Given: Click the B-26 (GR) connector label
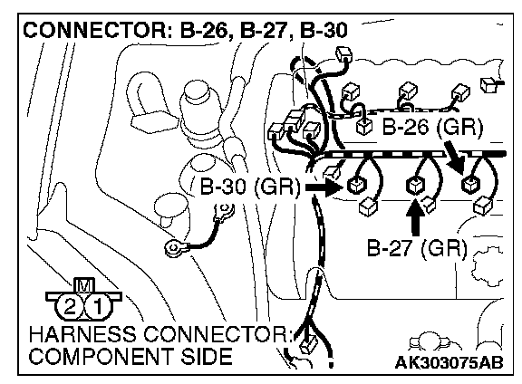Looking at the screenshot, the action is pos(432,128).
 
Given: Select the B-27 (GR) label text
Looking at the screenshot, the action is pos(417,248).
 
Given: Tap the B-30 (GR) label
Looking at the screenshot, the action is pos(250,187).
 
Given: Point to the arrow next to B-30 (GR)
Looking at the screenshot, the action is pos(324,187).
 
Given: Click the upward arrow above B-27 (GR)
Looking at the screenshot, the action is pos(415,217).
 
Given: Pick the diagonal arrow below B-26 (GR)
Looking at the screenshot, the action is pos(454,157).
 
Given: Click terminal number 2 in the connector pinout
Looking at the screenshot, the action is pos(70,306).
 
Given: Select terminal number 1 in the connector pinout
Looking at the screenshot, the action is pos(98,306).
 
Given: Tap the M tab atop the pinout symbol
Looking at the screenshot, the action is pos(84,285).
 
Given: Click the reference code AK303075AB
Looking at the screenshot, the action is pos(449,362).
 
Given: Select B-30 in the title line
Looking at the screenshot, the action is pos(324,30).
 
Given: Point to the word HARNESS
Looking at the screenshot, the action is pos(82,334).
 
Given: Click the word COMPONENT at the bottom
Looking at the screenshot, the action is pos(101,356).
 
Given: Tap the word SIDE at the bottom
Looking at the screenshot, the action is pos(207,356).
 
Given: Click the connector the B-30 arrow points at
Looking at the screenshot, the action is pos(356,185).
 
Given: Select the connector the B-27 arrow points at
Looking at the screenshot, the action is pos(415,185).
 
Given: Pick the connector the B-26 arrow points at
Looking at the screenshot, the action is pos(470,184).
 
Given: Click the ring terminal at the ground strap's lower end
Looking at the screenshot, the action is pos(174,248).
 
